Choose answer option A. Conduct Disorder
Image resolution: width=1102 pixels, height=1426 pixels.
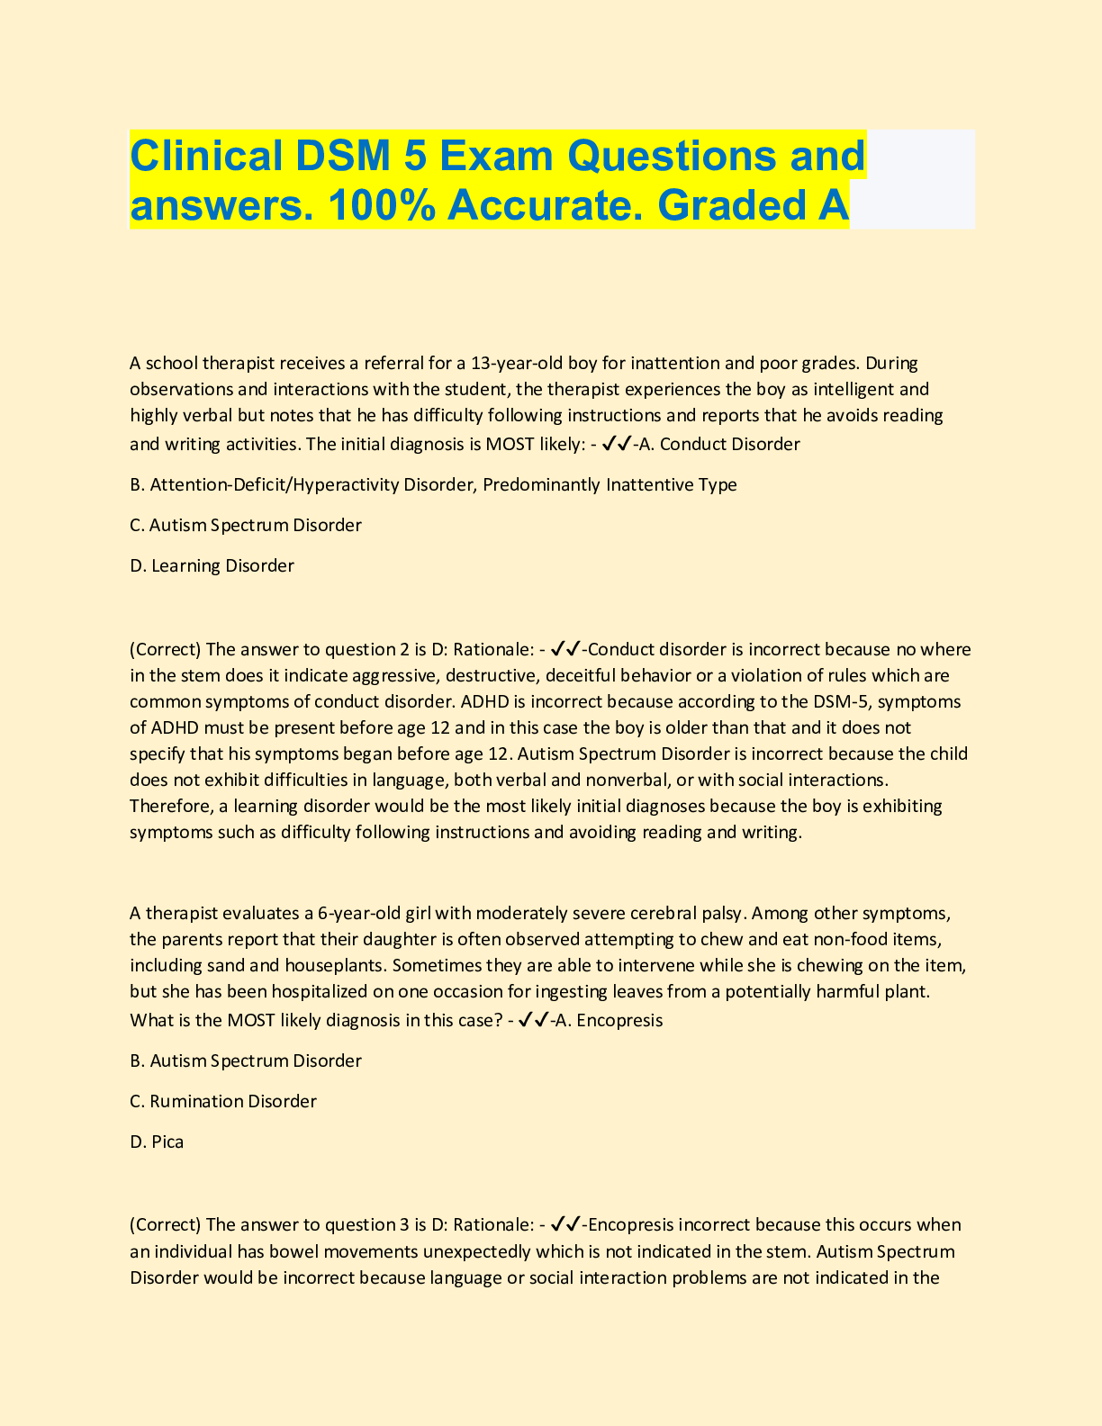click(718, 444)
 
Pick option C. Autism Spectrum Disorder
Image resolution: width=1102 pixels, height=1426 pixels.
click(246, 525)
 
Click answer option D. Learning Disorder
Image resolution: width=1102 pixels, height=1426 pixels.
click(212, 566)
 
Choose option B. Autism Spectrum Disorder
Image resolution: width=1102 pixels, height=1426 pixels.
click(246, 1061)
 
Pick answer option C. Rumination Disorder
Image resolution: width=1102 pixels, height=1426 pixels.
click(223, 1102)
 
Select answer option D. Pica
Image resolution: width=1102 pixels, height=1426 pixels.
click(157, 1142)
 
